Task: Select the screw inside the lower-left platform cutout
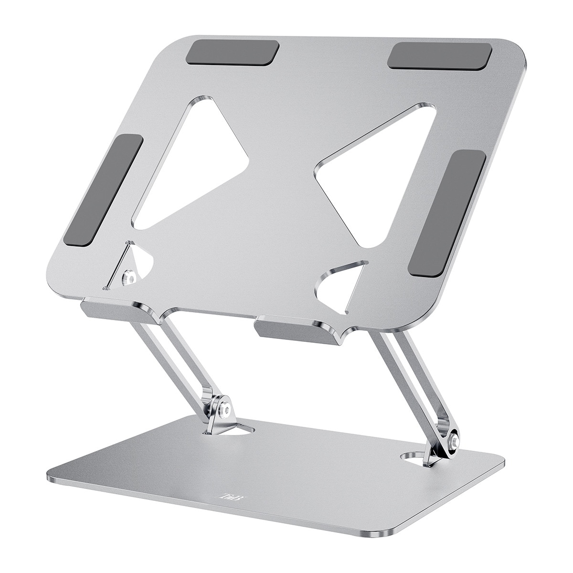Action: click(x=128, y=277)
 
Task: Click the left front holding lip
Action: click(x=122, y=310)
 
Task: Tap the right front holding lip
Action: click(x=298, y=329)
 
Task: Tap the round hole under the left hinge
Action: click(x=239, y=428)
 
